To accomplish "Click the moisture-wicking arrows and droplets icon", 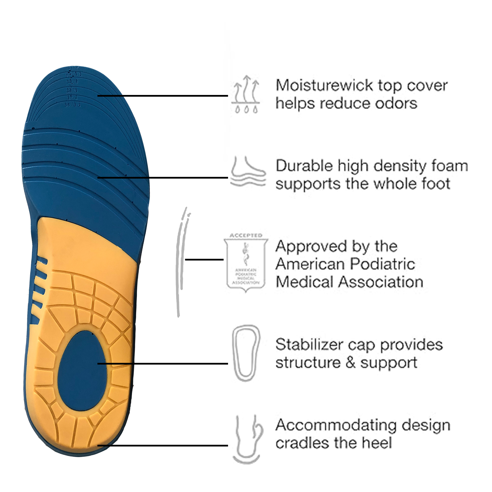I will click(246, 94).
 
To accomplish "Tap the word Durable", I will click(304, 166).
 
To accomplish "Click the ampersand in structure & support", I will click(351, 363).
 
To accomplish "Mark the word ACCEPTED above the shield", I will click(246, 235).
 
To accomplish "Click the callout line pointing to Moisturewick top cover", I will click(163, 96).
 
